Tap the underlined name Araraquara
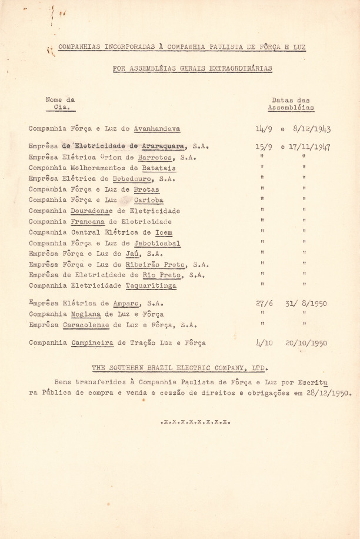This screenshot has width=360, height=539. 163,147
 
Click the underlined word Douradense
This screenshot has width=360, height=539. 92,211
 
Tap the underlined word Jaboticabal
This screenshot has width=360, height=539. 156,243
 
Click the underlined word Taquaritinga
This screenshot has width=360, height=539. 151,286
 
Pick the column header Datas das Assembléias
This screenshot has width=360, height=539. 291,104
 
